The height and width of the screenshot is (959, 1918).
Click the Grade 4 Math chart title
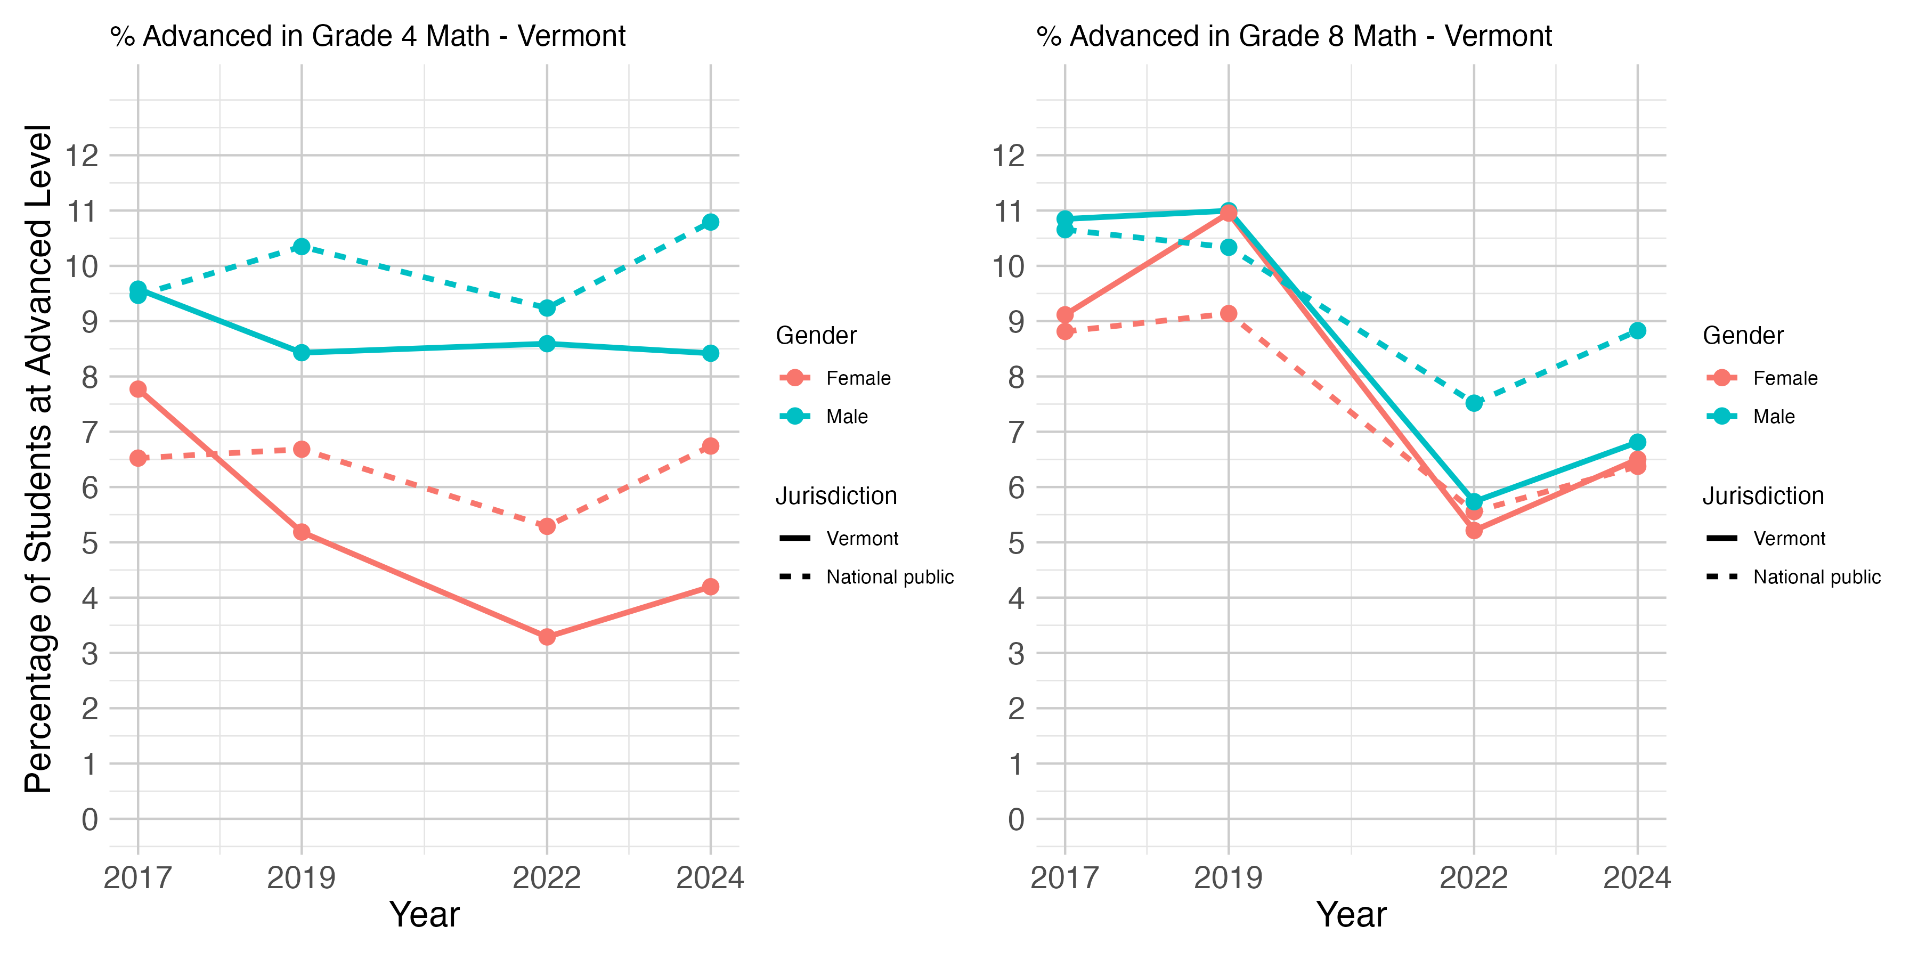(x=368, y=36)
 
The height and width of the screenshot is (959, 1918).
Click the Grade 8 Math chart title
(x=1294, y=36)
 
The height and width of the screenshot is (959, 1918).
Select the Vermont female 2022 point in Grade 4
(x=547, y=637)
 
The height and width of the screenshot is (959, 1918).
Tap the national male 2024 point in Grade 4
(x=710, y=222)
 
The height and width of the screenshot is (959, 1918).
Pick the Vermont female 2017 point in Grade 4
(x=138, y=389)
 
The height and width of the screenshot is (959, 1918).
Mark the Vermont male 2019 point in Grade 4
(x=302, y=352)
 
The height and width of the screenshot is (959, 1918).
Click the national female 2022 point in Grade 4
(x=547, y=526)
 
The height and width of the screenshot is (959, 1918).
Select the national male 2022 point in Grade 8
(x=1474, y=403)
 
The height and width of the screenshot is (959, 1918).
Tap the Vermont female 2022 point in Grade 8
(x=1474, y=530)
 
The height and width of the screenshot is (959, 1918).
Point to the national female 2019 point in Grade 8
(x=1229, y=313)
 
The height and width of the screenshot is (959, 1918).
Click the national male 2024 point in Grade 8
(x=1637, y=330)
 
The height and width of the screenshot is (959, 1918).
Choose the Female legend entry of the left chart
(x=835, y=378)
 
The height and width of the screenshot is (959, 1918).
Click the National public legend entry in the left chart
(x=866, y=577)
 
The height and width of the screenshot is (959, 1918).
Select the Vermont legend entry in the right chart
(x=1766, y=538)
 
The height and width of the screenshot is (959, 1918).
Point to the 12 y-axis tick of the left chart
(x=82, y=156)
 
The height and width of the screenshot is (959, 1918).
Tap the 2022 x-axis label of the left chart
(x=547, y=878)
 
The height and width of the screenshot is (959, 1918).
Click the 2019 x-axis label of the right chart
(x=1229, y=878)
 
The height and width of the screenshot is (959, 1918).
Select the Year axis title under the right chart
(x=1351, y=914)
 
